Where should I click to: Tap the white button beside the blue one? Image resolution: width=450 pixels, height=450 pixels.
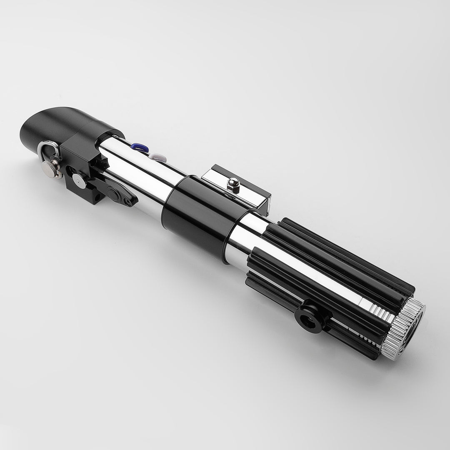pyautogui.click(x=158, y=157)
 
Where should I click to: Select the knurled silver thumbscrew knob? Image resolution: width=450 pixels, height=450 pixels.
pyautogui.click(x=49, y=167)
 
